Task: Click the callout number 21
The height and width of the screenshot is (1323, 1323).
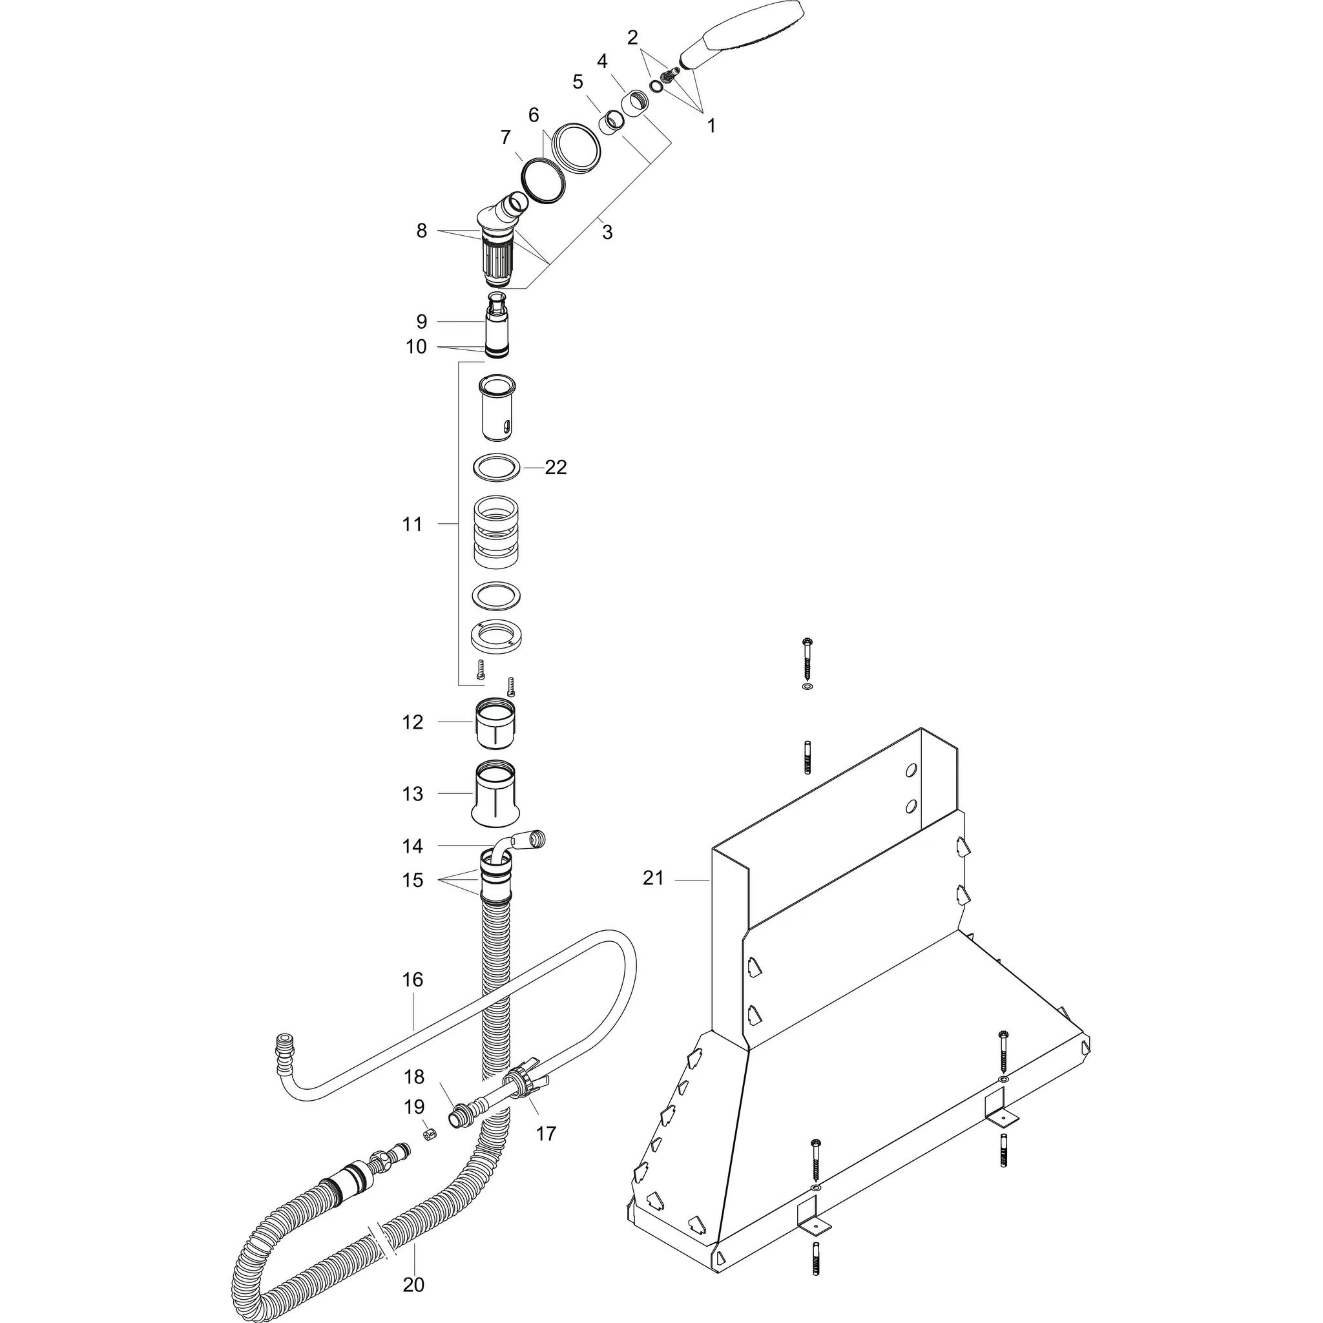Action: click(x=652, y=878)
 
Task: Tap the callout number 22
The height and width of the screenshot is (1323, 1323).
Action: click(x=556, y=468)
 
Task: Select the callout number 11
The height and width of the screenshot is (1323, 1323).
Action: click(x=412, y=525)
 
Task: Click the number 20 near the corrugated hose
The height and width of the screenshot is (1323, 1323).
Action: click(x=413, y=1286)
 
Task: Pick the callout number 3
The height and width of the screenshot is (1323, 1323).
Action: click(x=607, y=233)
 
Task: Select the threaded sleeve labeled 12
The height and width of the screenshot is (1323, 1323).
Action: click(x=495, y=723)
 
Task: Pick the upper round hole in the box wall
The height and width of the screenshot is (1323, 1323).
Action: click(x=911, y=771)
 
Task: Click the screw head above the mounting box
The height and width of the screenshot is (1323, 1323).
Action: click(x=807, y=641)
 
